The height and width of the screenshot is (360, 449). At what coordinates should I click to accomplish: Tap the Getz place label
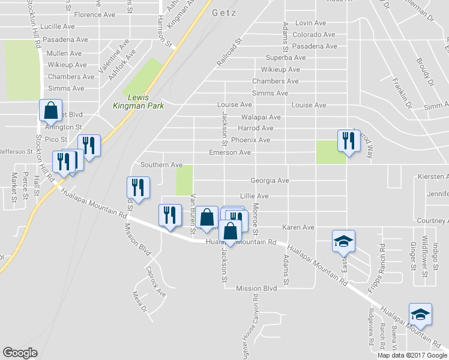pyautogui.click(x=223, y=13)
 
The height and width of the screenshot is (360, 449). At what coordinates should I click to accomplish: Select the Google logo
pyautogui.click(x=20, y=352)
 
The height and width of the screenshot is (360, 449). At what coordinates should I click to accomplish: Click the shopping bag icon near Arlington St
pyautogui.click(x=50, y=110)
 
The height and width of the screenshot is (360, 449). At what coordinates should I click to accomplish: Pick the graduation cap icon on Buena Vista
pyautogui.click(x=420, y=314)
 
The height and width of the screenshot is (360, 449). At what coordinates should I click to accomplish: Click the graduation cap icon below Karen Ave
pyautogui.click(x=344, y=242)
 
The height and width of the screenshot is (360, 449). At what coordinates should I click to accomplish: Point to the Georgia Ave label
pyautogui.click(x=270, y=180)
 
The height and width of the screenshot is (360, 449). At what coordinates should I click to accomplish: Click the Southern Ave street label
pyautogui.click(x=161, y=164)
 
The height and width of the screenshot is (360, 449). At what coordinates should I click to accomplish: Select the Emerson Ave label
pyautogui.click(x=229, y=152)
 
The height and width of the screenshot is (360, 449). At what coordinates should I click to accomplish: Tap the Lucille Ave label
pyautogui.click(x=57, y=26)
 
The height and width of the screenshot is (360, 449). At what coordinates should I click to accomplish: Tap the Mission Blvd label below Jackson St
pyautogui.click(x=256, y=288)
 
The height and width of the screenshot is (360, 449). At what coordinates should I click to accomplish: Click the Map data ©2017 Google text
pyautogui.click(x=412, y=355)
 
